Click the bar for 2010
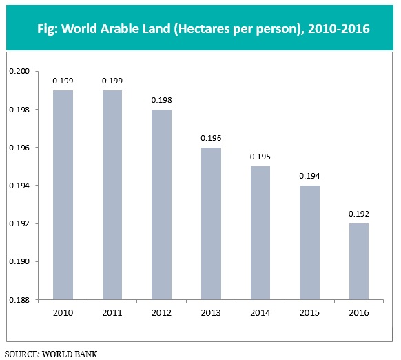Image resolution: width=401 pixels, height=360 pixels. (x=62, y=195)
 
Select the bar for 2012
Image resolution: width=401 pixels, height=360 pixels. (x=161, y=205)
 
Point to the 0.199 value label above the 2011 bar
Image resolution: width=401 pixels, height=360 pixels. (x=112, y=81)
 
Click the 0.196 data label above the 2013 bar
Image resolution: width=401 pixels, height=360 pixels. (x=210, y=138)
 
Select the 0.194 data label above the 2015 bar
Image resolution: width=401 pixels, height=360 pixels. (x=309, y=176)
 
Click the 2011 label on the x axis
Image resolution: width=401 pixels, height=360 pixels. (x=112, y=313)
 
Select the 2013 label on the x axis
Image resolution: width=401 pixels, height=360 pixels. (x=210, y=313)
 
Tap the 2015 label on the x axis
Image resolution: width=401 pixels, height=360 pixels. (x=309, y=313)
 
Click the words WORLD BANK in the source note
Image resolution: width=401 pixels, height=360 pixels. (x=70, y=354)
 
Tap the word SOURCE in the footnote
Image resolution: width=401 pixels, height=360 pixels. (x=21, y=354)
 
